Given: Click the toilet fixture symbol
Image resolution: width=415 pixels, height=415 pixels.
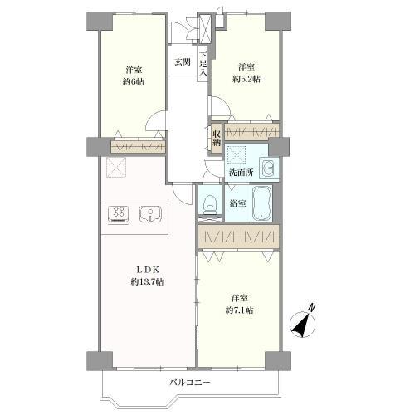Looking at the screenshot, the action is click(x=210, y=205).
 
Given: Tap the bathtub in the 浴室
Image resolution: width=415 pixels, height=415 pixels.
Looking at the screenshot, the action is click(x=261, y=203).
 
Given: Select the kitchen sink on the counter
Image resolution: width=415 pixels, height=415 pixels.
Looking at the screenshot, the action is click(x=150, y=214).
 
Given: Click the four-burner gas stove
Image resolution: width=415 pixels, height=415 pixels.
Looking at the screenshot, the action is click(x=120, y=214).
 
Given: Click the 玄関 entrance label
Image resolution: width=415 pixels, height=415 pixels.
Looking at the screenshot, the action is click(x=183, y=62).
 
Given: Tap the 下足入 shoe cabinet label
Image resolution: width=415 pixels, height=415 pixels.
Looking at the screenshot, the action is click(x=203, y=64).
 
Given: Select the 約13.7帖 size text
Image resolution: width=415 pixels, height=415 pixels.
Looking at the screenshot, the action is click(x=147, y=281).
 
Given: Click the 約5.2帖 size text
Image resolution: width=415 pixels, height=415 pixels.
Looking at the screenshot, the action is click(x=247, y=79).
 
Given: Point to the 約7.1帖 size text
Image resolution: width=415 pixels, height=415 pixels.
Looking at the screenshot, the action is click(x=239, y=310).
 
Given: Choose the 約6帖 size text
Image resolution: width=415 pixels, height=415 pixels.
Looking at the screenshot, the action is click(x=134, y=82).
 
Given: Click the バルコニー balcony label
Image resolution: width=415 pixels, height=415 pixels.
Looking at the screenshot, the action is click(x=190, y=383).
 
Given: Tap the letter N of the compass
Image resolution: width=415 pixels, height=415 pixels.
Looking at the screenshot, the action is click(x=312, y=307).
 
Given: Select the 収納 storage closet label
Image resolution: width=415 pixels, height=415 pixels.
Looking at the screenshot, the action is click(x=217, y=138).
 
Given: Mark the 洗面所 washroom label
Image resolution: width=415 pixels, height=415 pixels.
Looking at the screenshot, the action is click(x=242, y=173).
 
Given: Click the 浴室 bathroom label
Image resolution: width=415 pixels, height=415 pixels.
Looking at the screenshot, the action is click(x=237, y=203).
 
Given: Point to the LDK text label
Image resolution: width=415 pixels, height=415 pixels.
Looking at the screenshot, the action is click(x=148, y=269).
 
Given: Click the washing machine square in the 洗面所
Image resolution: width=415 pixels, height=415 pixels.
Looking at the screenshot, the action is click(x=236, y=154).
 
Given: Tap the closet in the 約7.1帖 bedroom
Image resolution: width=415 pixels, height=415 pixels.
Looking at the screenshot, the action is click(x=238, y=237).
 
